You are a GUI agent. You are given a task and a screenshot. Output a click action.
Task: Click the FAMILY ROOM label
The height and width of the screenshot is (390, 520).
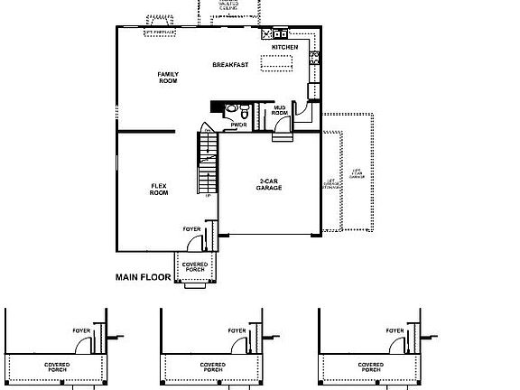coord(168,78)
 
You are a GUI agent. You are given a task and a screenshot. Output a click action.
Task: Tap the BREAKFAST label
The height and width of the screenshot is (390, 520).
coord(230,65)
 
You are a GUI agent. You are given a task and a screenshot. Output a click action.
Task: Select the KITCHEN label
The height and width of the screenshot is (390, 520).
coord(285,47)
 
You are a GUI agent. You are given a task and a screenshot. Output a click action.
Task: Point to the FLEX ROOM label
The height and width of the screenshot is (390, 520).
coord(159,190)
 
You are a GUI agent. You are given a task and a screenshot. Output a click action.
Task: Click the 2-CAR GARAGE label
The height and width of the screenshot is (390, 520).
coord(269,184)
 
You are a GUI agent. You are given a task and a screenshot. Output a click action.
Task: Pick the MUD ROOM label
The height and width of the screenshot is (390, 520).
coord(280,110)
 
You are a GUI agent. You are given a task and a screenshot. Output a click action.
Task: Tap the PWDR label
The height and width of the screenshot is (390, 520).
coord(238,125)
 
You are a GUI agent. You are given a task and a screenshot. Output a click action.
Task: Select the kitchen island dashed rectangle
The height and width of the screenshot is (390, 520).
coord(276,61)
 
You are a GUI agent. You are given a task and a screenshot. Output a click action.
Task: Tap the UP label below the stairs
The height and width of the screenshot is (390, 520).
coord(209,196)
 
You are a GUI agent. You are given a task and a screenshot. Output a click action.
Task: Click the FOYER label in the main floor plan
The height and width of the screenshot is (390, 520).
coord(191,229)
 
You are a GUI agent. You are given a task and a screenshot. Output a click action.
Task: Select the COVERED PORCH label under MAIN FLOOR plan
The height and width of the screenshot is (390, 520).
coord(195,267)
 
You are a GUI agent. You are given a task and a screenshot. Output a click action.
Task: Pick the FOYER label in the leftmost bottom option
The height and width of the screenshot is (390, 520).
coord(82,331)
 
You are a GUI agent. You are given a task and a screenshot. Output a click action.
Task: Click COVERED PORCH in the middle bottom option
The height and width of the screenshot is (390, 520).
coord(213,367)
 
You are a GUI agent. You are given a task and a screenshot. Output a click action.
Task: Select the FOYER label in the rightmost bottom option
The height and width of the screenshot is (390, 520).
coord(395,331)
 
